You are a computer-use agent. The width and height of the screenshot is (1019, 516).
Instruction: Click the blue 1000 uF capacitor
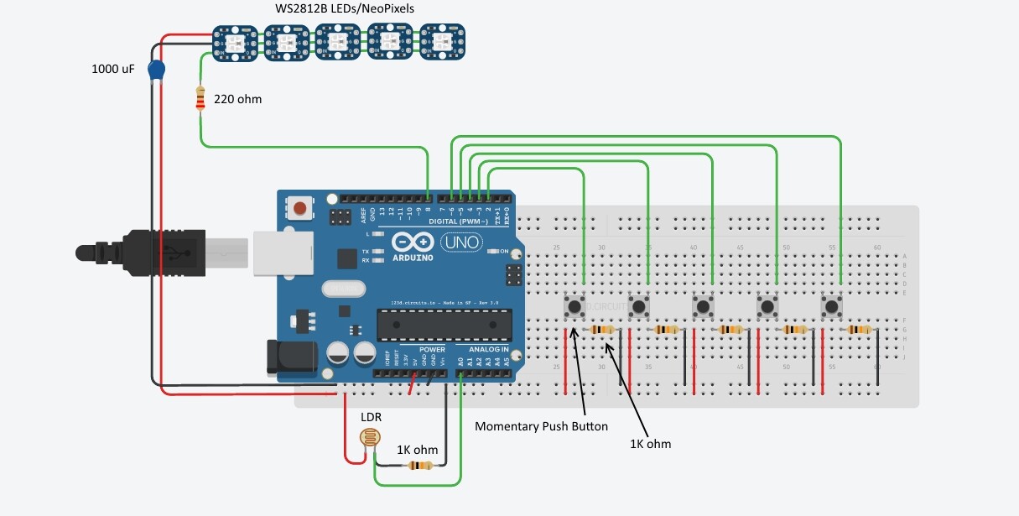tap(155, 70)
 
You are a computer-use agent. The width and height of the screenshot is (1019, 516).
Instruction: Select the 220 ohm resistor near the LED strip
tap(200, 98)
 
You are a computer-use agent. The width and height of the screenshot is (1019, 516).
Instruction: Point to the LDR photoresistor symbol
tap(367, 437)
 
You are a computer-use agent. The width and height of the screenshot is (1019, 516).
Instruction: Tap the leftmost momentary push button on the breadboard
tap(574, 306)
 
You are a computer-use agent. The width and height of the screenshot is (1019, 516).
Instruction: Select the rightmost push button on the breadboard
tap(832, 306)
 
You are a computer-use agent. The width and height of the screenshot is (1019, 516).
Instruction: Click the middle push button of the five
tap(703, 306)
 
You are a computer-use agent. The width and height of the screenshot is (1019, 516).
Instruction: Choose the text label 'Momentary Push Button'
tap(541, 426)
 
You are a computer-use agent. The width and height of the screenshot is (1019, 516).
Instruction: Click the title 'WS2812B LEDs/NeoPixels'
tap(345, 8)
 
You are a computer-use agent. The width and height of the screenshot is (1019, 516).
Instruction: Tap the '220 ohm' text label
tap(237, 99)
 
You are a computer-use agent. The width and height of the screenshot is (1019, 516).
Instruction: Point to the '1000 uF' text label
tap(113, 70)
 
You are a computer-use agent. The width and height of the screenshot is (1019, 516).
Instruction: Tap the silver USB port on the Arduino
tap(281, 252)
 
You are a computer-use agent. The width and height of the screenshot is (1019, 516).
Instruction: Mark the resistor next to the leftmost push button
tap(603, 330)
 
